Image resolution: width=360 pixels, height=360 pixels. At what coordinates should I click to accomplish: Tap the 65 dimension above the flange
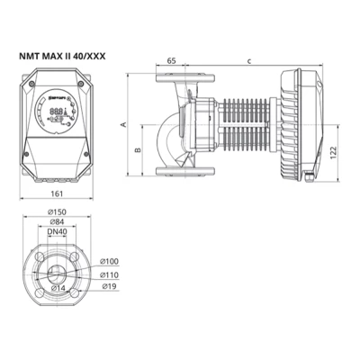point(172,60)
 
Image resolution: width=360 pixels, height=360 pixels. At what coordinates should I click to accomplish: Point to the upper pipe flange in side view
point(173,87)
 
